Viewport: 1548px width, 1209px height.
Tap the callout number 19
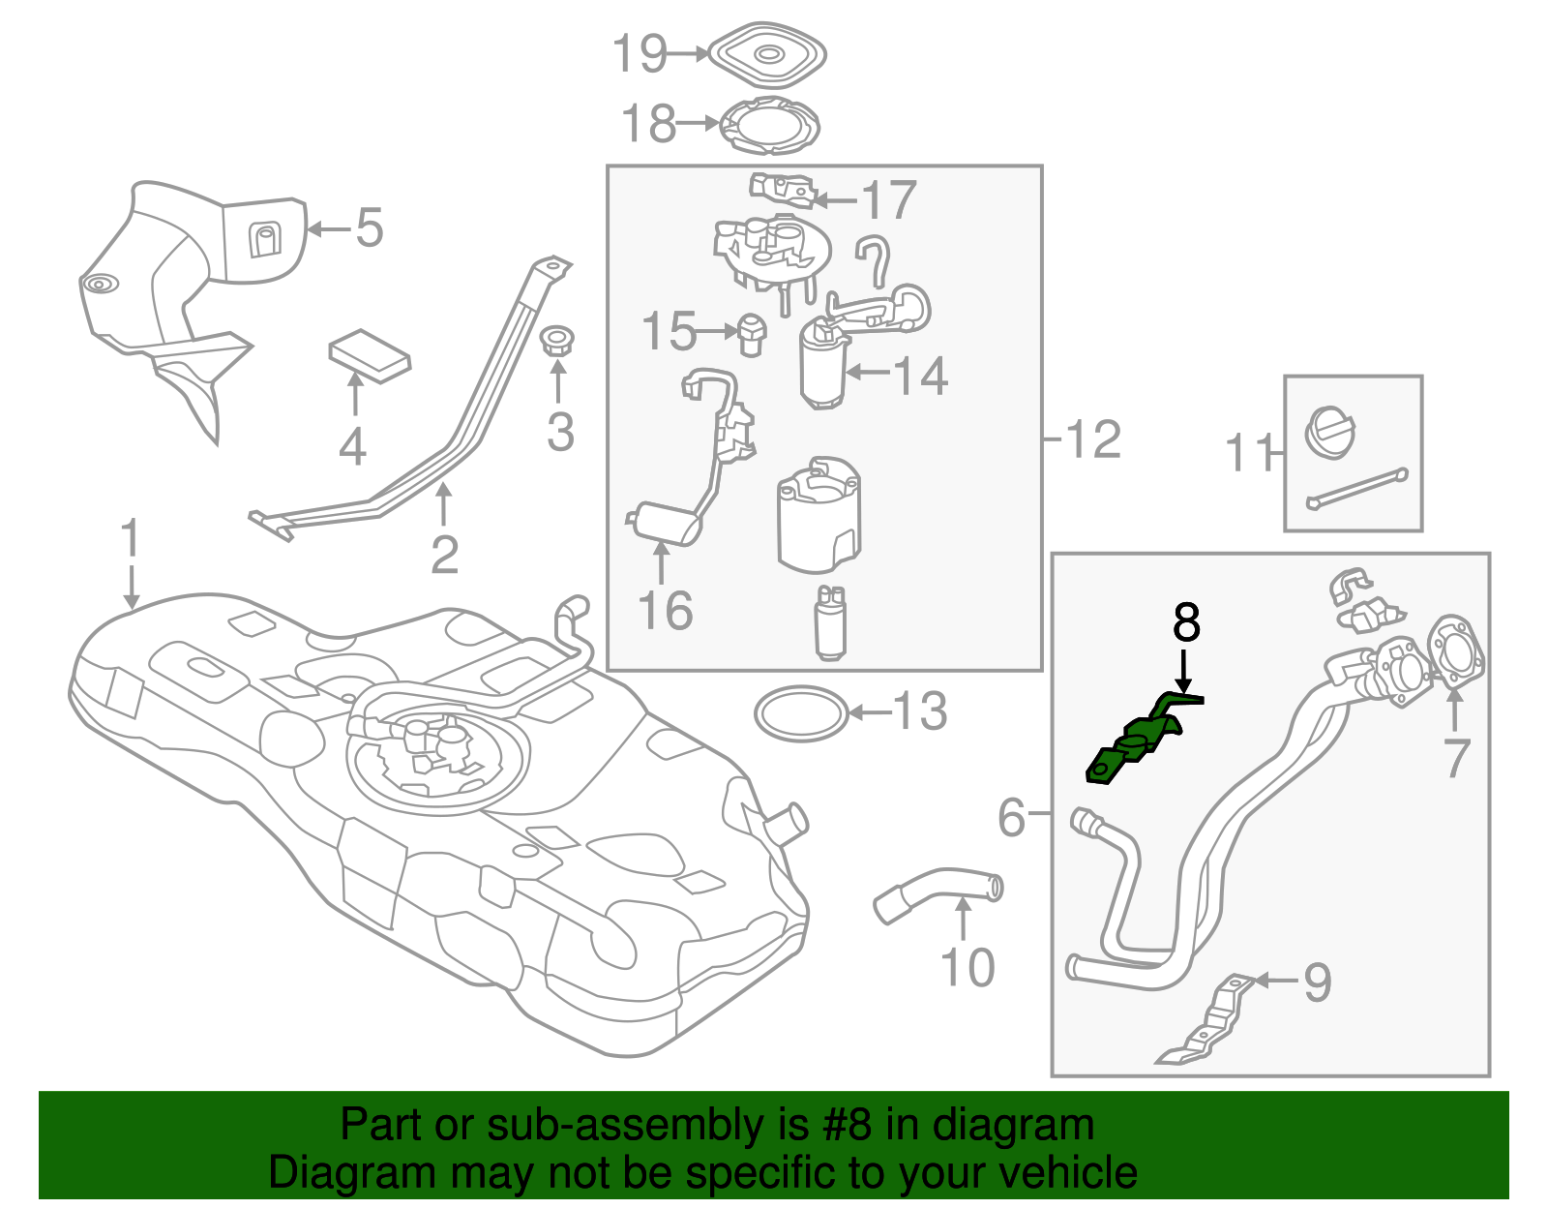point(640,53)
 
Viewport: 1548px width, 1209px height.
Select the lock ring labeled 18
point(770,126)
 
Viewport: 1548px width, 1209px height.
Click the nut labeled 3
point(556,342)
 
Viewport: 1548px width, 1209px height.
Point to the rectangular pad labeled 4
point(369,355)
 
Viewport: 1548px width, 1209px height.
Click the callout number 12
point(1093,439)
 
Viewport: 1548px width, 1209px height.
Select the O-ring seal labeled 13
point(800,714)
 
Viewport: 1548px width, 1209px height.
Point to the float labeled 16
point(666,522)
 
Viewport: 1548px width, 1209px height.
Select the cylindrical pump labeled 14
point(821,369)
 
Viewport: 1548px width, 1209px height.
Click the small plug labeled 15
point(751,333)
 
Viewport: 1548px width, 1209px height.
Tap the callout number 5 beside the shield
point(370,228)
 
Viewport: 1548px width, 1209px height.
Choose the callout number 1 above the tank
point(131,538)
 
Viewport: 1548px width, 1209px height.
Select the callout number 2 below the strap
point(444,555)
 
